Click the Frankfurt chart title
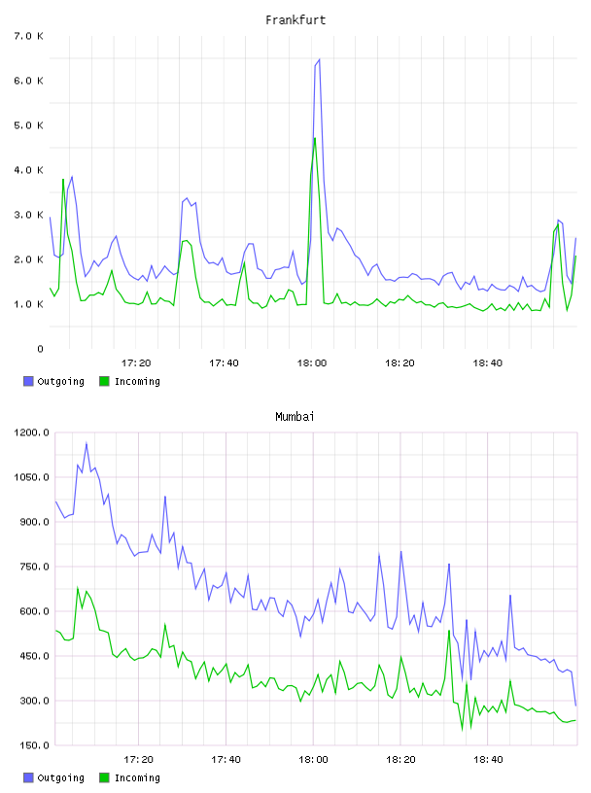click(295, 20)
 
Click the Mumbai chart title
click(295, 417)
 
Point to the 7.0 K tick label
click(28, 36)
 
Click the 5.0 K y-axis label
click(28, 125)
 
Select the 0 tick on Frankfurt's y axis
click(40, 349)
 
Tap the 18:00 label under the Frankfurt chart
click(312, 363)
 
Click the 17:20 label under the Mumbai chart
click(138, 760)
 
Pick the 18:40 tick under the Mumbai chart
click(488, 760)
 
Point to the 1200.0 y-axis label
click(31, 432)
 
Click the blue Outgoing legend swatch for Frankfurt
click(28, 381)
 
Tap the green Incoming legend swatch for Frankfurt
click(104, 381)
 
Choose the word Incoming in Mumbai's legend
click(137, 778)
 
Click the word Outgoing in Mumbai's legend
click(60, 778)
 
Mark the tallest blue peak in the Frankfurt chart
click(319, 59)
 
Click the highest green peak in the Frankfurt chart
click(315, 138)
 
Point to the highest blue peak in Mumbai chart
click(87, 443)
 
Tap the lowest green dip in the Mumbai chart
click(462, 729)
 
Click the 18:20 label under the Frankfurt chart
click(400, 363)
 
